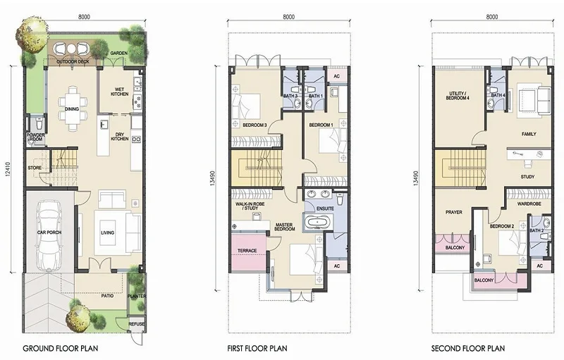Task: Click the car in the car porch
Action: (49, 235)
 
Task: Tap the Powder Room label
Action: (36, 137)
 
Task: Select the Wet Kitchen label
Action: (119, 92)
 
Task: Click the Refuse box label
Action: (137, 323)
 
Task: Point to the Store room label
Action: (35, 168)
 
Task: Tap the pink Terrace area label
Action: (247, 250)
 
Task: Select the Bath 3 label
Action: (290, 96)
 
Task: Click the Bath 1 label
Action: (316, 96)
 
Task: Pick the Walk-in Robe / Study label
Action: (250, 206)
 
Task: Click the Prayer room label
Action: (454, 212)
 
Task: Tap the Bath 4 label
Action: (498, 95)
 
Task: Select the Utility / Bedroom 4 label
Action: (458, 95)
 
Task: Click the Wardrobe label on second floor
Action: (529, 204)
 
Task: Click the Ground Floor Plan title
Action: (61, 348)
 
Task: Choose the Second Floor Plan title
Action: (468, 348)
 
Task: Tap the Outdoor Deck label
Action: (73, 62)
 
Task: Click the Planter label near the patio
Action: (137, 296)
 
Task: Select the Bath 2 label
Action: (537, 230)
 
